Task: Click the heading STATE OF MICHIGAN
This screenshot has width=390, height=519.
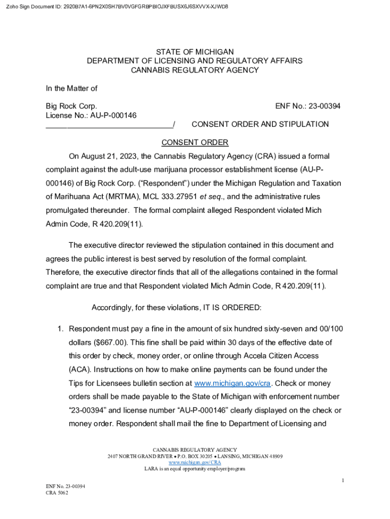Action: (x=194, y=52)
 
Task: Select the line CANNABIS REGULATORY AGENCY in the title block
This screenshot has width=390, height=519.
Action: (x=194, y=70)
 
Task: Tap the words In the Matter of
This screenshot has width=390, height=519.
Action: (x=71, y=88)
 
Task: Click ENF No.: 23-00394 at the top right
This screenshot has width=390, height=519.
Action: (x=307, y=106)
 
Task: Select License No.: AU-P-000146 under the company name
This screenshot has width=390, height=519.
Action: (x=91, y=115)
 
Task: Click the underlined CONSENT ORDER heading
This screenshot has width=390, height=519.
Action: (x=194, y=142)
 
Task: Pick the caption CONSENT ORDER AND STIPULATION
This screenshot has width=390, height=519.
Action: (x=260, y=124)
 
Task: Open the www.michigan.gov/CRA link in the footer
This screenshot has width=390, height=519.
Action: (x=194, y=462)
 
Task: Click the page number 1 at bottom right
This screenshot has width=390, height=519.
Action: (x=342, y=480)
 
